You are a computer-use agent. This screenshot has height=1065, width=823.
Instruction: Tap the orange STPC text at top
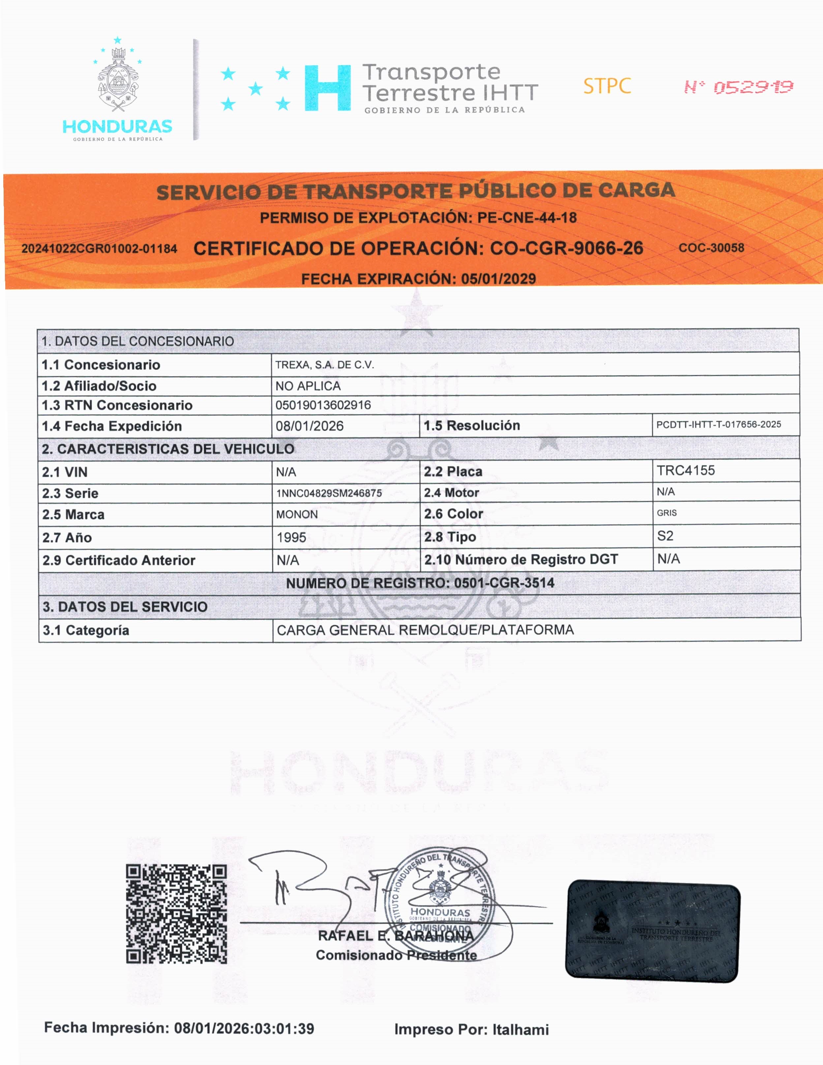tap(607, 86)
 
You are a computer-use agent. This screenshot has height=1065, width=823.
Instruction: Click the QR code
tap(176, 914)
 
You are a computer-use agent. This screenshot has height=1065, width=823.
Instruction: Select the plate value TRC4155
tap(686, 471)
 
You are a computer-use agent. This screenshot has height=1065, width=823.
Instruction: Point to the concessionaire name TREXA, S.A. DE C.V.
tap(325, 365)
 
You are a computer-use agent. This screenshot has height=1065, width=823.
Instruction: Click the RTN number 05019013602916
tap(323, 405)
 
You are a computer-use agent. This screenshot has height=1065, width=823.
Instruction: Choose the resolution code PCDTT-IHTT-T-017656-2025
tap(719, 424)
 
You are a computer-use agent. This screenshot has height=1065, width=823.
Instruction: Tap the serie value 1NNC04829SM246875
tap(329, 493)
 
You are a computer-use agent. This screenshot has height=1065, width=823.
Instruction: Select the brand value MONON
tap(297, 514)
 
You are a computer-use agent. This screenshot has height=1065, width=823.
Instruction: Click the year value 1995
tap(291, 537)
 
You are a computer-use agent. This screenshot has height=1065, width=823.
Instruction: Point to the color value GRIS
tap(666, 513)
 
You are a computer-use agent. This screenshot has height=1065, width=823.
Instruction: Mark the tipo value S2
tap(665, 536)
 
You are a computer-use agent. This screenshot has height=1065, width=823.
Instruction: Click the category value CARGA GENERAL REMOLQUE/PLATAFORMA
tap(425, 630)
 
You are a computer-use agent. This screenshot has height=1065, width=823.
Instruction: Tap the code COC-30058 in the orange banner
tap(711, 248)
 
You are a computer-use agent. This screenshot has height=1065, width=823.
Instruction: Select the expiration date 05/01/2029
tap(498, 279)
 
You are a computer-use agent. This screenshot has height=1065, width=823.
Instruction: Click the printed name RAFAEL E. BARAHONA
tap(396, 936)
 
